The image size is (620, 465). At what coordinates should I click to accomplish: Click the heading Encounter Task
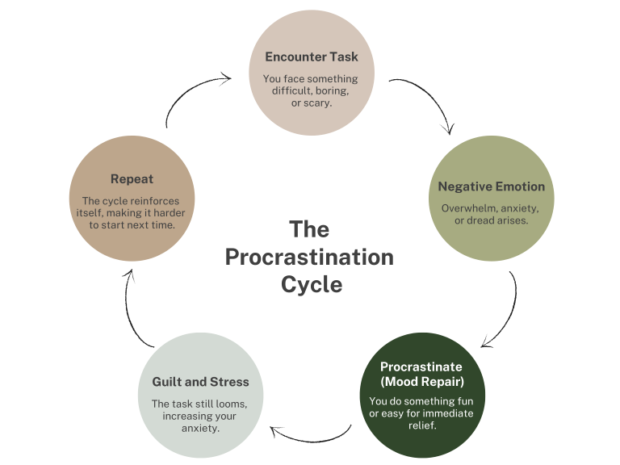(x=312, y=57)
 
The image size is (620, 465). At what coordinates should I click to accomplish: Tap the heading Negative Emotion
(x=491, y=186)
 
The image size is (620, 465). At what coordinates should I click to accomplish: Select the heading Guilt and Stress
(x=200, y=382)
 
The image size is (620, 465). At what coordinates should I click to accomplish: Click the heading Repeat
(x=132, y=179)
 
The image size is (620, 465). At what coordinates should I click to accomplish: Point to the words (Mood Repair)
(x=422, y=381)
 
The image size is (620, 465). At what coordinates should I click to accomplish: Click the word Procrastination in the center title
(x=309, y=258)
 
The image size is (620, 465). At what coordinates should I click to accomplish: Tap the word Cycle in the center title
(x=311, y=285)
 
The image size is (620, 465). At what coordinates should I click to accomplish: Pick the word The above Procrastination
(x=309, y=229)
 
